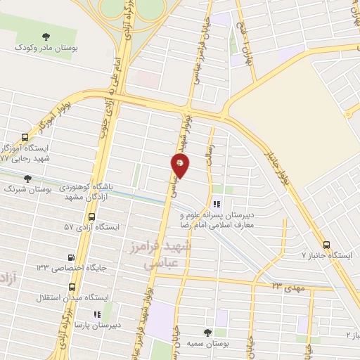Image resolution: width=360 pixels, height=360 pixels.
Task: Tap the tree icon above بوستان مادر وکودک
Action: coord(46,36)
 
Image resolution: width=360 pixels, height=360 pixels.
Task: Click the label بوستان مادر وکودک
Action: coord(46,49)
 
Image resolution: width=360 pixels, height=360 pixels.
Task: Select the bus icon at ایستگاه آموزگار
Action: coord(25,137)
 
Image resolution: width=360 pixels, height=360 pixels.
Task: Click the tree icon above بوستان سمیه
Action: coord(207,331)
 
